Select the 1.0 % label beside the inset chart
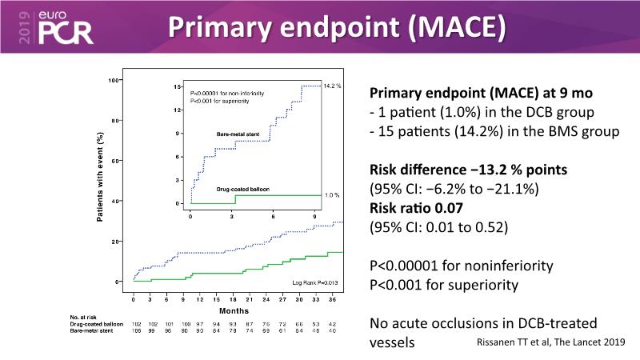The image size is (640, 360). pos(332,195)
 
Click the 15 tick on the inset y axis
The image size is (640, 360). pos(176,86)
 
